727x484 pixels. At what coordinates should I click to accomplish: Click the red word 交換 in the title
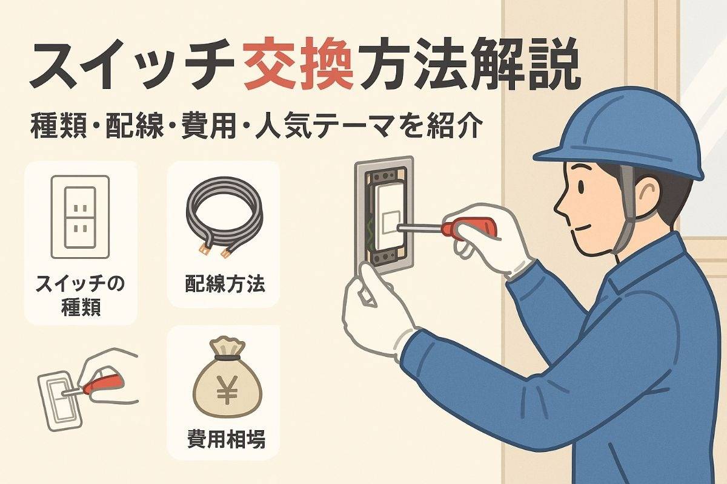point(299,65)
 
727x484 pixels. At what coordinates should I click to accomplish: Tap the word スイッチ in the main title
point(131,65)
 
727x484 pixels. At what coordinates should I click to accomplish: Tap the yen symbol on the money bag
point(227,389)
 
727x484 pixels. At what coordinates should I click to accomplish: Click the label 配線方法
point(225,284)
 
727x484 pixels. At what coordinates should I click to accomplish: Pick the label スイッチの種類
point(80,295)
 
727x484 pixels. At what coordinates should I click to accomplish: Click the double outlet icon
point(80,217)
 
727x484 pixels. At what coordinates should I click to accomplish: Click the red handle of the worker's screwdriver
point(469,227)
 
